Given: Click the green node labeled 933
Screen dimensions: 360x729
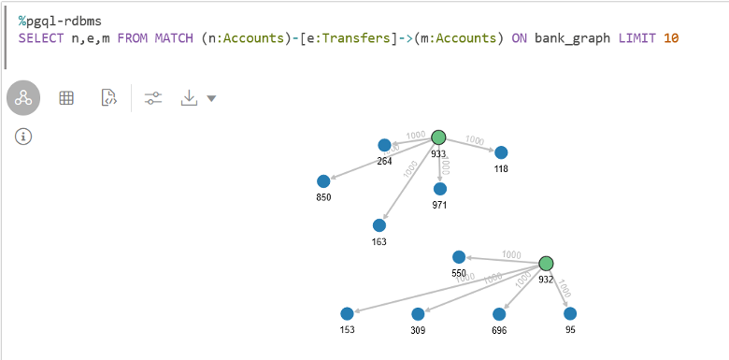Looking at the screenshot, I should (438, 137).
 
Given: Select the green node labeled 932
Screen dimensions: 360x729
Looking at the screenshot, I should (547, 264).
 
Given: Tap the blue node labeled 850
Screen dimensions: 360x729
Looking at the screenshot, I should (323, 180).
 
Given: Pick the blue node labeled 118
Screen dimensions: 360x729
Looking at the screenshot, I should (501, 152).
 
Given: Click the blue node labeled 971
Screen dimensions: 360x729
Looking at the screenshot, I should (440, 188).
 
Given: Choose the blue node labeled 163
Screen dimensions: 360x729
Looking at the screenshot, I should (379, 225).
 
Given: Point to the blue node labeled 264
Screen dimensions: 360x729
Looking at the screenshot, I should (384, 145).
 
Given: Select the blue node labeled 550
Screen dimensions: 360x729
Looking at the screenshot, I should (459, 257).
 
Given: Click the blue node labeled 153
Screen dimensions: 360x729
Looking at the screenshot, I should (348, 314).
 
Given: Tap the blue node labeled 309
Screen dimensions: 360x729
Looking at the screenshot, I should (418, 314).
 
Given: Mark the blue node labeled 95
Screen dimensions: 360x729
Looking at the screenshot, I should (569, 314).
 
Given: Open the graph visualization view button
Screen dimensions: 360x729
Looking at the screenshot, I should (23, 97).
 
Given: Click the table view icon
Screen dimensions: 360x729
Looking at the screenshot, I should (66, 97).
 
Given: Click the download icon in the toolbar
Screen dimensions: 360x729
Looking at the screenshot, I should (190, 97).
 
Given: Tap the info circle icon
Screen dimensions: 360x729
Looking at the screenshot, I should (24, 137).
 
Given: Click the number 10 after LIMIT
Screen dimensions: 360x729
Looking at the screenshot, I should (671, 38).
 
